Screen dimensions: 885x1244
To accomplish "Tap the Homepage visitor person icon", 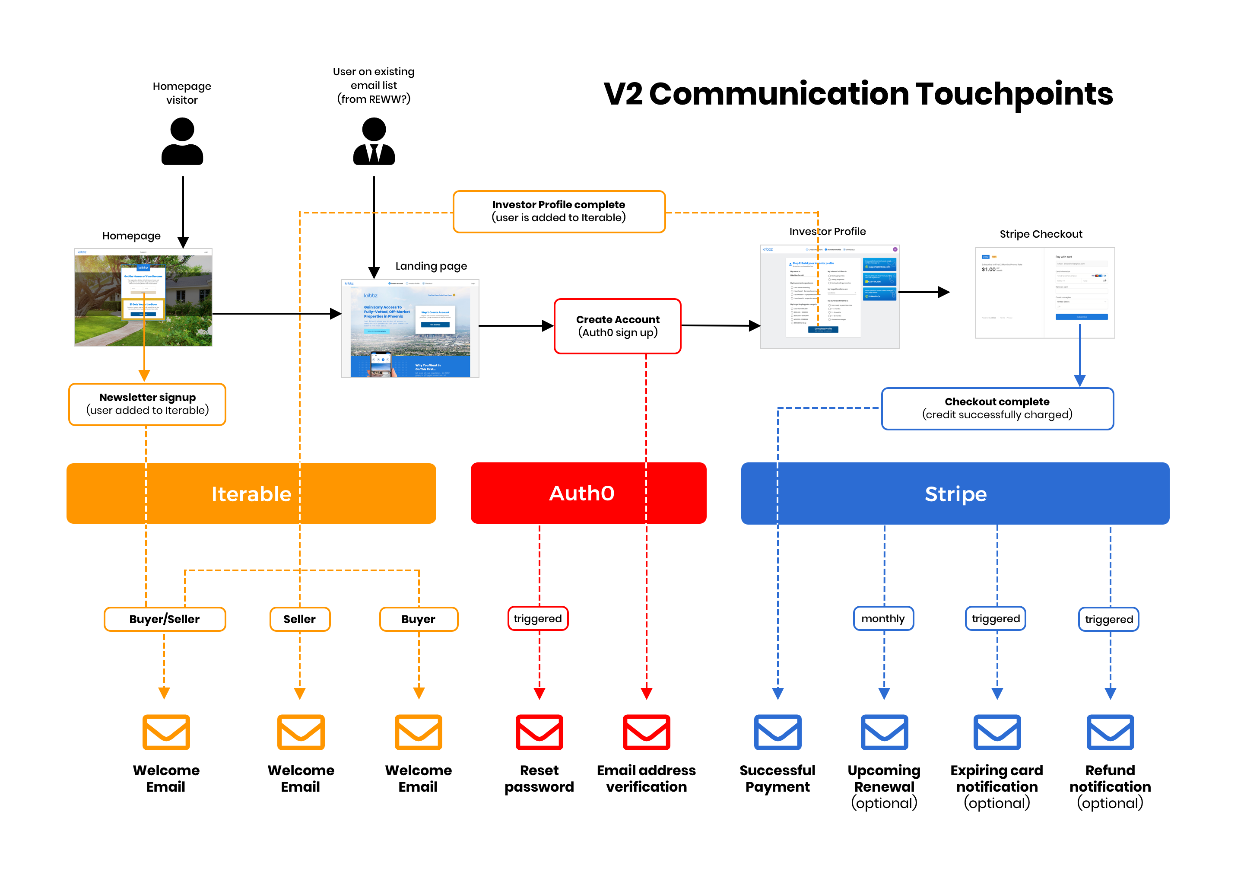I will point(182,142).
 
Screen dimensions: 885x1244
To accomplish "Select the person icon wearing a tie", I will point(374,142).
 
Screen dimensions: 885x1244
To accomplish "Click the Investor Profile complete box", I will point(559,211).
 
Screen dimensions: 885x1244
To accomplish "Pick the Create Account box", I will point(617,326).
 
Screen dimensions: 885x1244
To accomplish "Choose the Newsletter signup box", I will point(147,404).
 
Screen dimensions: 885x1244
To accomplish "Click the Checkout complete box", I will point(997,408).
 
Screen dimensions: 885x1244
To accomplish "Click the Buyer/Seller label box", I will point(165,619).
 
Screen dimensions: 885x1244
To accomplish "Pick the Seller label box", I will point(300,619).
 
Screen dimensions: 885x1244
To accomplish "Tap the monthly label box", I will point(883,618).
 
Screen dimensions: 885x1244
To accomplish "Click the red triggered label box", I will point(538,618).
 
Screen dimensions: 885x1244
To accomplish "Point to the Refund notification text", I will point(1110,778).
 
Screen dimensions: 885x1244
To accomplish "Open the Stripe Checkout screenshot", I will point(1044,293).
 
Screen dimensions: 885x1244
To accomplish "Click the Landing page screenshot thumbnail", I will point(410,328).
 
